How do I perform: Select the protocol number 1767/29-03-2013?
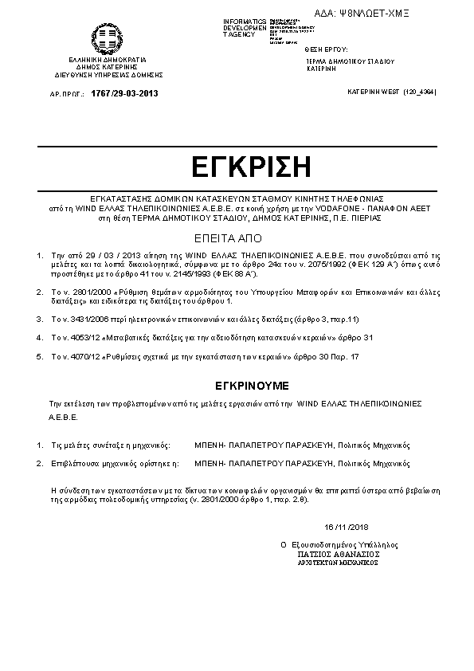click(125, 94)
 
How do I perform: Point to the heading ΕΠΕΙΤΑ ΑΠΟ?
click(237, 237)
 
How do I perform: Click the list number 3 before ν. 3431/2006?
click(41, 319)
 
